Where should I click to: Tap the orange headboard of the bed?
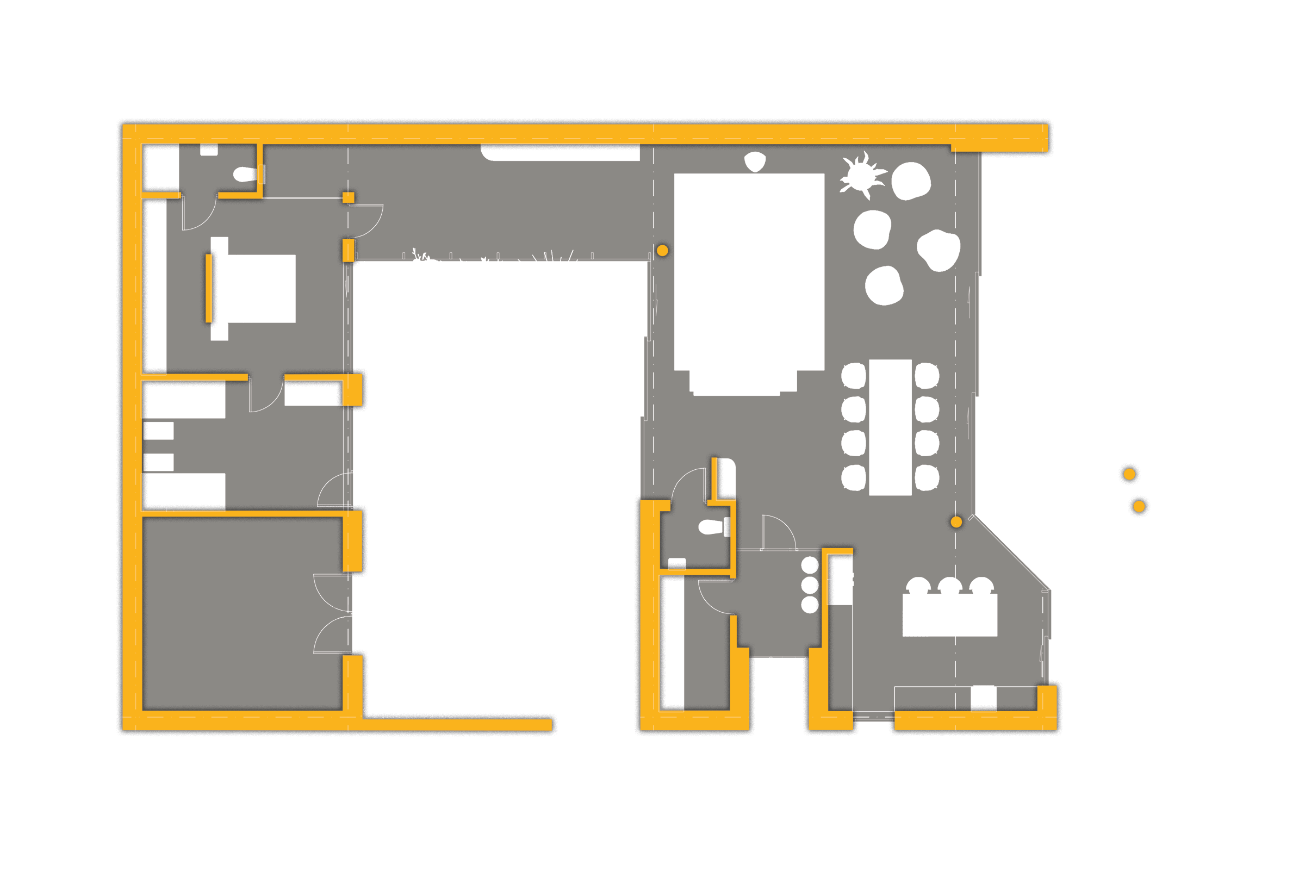(209, 289)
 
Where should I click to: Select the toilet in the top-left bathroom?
(244, 174)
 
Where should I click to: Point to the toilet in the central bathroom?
(710, 527)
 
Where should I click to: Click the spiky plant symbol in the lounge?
(861, 175)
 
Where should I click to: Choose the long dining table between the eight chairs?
(890, 427)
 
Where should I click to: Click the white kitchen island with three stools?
(949, 615)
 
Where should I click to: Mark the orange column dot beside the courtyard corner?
(663, 251)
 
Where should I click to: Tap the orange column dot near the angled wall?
(956, 523)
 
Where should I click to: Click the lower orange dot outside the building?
(1139, 507)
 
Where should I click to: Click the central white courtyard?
(500, 477)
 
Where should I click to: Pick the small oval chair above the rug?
(755, 161)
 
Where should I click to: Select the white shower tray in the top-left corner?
(161, 167)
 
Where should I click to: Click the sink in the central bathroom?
(676, 563)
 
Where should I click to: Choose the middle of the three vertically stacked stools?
(809, 585)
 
